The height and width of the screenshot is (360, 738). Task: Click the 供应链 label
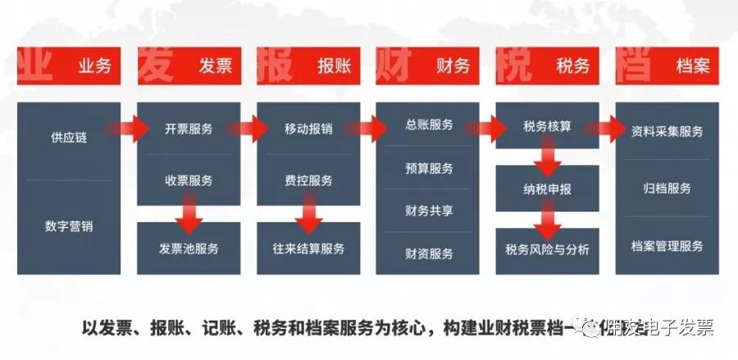click(68, 137)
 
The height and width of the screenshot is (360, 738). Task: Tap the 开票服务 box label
click(189, 129)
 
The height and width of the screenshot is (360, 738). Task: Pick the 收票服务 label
click(189, 180)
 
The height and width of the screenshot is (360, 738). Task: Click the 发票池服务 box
click(189, 248)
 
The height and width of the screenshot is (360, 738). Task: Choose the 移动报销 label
click(308, 129)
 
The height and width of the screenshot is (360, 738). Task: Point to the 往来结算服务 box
click(308, 248)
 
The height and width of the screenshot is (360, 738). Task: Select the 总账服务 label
click(429, 125)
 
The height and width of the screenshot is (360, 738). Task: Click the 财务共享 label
click(429, 210)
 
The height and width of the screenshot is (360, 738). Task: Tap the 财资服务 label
click(429, 253)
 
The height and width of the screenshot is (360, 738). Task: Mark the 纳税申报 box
click(548, 189)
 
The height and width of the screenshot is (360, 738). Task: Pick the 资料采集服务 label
click(667, 130)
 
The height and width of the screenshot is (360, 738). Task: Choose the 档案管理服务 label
click(667, 245)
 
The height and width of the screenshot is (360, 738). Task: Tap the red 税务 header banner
click(548, 66)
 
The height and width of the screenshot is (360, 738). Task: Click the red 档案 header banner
click(667, 66)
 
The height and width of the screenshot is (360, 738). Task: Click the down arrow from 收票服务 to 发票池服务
click(189, 215)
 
